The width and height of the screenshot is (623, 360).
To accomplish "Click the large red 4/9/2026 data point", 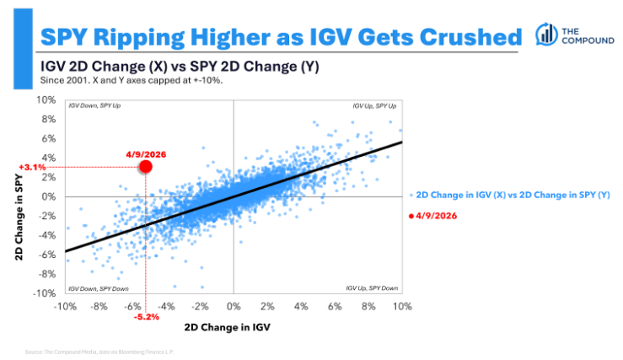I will tap(145, 166).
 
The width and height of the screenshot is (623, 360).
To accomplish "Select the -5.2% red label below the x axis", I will tap(146, 317).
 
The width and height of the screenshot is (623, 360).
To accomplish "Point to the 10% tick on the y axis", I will tap(46, 100).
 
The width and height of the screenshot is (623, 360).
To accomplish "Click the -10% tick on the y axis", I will tap(45, 293).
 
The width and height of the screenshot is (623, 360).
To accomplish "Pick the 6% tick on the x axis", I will tap(335, 305).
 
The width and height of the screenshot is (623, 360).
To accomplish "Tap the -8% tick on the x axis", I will tap(99, 305).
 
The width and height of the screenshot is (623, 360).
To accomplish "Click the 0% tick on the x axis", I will tap(234, 305).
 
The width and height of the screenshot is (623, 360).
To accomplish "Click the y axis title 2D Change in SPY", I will tap(18, 197).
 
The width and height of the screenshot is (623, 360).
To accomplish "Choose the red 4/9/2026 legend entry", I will tap(433, 217).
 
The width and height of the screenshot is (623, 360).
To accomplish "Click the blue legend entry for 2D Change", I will tap(513, 195).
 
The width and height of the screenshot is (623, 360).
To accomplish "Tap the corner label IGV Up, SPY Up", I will tap(375, 105).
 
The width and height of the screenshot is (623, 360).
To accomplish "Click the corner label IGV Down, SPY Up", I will tap(92, 105).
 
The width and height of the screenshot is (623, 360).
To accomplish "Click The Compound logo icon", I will tap(545, 34).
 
